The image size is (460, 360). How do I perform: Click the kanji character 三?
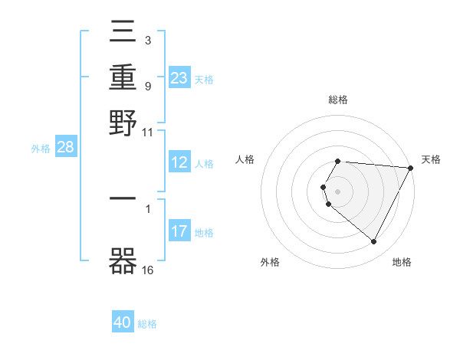click(x=123, y=31)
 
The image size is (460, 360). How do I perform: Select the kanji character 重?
click(x=123, y=77)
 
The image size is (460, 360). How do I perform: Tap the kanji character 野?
click(x=123, y=123)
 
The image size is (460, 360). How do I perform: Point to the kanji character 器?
click(x=123, y=261)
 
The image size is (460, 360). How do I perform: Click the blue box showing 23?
click(x=179, y=77)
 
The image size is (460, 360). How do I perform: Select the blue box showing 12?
click(x=179, y=162)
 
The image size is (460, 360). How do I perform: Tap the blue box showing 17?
click(x=179, y=231)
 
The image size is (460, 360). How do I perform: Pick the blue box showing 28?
click(x=65, y=148)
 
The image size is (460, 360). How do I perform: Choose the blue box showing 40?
click(x=123, y=322)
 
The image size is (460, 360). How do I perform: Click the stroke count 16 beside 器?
click(x=148, y=270)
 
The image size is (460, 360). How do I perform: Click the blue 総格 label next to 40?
click(x=147, y=324)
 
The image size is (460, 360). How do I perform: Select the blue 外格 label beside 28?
click(x=40, y=149)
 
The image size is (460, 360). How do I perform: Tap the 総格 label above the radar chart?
click(x=338, y=100)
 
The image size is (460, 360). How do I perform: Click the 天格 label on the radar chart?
click(x=432, y=159)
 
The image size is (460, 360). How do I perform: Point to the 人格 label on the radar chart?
click(x=245, y=159)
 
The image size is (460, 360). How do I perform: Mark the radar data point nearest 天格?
click(x=411, y=168)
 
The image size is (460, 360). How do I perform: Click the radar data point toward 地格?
click(x=374, y=242)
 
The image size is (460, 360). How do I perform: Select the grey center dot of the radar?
click(x=338, y=191)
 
